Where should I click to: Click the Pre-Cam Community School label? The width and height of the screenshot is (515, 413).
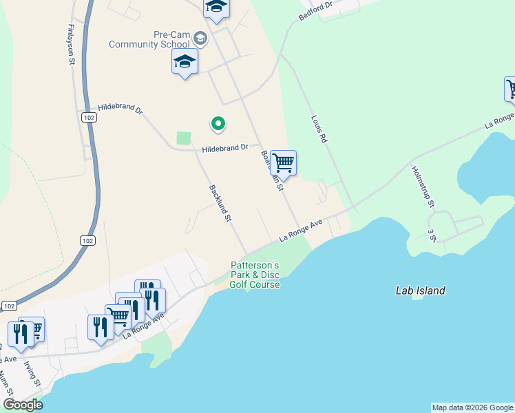pos(150,40)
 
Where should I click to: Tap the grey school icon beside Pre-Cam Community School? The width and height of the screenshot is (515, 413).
pos(200,36)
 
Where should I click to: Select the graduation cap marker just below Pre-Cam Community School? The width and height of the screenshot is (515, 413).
pos(185,62)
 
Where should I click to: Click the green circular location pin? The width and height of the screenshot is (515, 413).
pos(218,124)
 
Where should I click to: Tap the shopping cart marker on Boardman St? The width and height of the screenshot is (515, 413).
pos(283,164)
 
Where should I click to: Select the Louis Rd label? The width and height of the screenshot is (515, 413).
pos(318,129)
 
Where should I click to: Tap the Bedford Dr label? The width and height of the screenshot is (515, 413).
pos(315,11)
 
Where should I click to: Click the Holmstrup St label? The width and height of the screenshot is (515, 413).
pos(422,187)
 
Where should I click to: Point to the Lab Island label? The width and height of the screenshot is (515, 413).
pos(420,290)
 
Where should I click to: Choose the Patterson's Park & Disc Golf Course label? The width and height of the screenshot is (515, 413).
pos(254,275)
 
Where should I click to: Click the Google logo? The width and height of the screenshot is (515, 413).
pos(23,405)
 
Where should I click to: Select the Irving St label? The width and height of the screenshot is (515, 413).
pos(29,372)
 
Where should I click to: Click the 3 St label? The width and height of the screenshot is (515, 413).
pos(432,235)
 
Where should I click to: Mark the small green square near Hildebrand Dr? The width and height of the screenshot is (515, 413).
pos(183,138)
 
